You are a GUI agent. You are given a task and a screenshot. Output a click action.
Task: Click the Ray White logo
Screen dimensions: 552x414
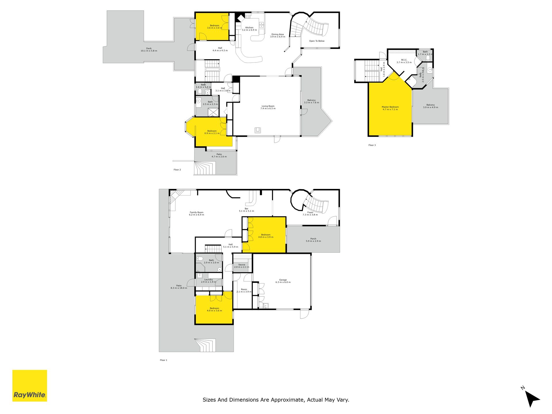point(30,386)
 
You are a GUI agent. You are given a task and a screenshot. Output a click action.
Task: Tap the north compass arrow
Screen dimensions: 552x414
point(532,398)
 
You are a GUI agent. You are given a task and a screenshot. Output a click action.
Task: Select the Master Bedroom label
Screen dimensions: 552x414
point(390,107)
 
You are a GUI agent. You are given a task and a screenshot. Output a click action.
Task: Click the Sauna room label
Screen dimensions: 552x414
point(242,265)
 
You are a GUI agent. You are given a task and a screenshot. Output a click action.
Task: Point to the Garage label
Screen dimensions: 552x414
point(283,280)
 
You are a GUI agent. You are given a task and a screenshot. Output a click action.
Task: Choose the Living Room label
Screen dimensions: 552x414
point(268,106)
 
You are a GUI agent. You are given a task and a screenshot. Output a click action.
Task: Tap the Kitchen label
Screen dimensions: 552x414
point(249,28)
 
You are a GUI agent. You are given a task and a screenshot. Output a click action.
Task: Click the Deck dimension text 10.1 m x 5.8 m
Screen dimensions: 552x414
point(149,51)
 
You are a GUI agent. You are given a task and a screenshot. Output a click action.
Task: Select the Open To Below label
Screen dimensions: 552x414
point(317,41)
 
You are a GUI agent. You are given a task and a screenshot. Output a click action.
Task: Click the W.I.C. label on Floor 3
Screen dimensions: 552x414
point(404,60)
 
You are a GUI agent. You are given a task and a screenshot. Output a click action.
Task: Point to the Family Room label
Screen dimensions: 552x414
point(196,212)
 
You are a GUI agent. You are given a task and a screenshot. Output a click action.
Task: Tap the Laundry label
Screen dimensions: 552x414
point(208,279)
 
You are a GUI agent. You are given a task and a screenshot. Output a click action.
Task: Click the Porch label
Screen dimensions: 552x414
point(313,239)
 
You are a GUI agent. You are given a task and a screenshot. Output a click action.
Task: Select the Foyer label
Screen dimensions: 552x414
point(310,212)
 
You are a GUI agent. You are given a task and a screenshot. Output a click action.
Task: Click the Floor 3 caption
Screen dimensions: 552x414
point(372,145)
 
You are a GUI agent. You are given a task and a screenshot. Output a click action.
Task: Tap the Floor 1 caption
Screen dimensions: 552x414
point(164,360)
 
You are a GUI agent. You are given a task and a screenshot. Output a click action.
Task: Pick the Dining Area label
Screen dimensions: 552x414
point(277,34)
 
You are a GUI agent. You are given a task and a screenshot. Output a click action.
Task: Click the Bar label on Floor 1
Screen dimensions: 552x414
point(246,209)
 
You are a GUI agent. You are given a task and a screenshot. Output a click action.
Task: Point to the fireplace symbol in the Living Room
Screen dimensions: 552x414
point(258,130)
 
